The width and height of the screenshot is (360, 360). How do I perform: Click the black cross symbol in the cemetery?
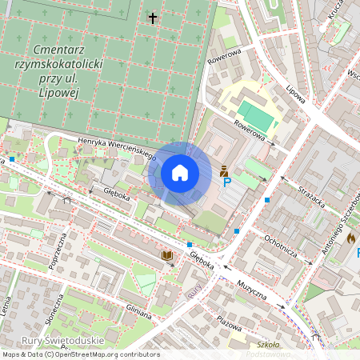pyautogui.click(x=153, y=17)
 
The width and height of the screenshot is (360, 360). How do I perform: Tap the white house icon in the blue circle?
pyautogui.click(x=180, y=173)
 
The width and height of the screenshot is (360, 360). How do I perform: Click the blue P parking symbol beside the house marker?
pyautogui.click(x=226, y=182)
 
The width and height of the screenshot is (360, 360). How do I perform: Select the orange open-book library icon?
pyautogui.click(x=167, y=255)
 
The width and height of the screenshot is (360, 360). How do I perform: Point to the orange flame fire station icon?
pyautogui.click(x=350, y=238)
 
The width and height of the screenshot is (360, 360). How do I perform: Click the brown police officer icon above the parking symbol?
pyautogui.click(x=224, y=170)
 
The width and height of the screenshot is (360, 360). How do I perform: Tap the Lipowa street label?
pyautogui.click(x=296, y=94)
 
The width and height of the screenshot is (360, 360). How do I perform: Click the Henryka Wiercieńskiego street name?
pyautogui.click(x=116, y=147)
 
